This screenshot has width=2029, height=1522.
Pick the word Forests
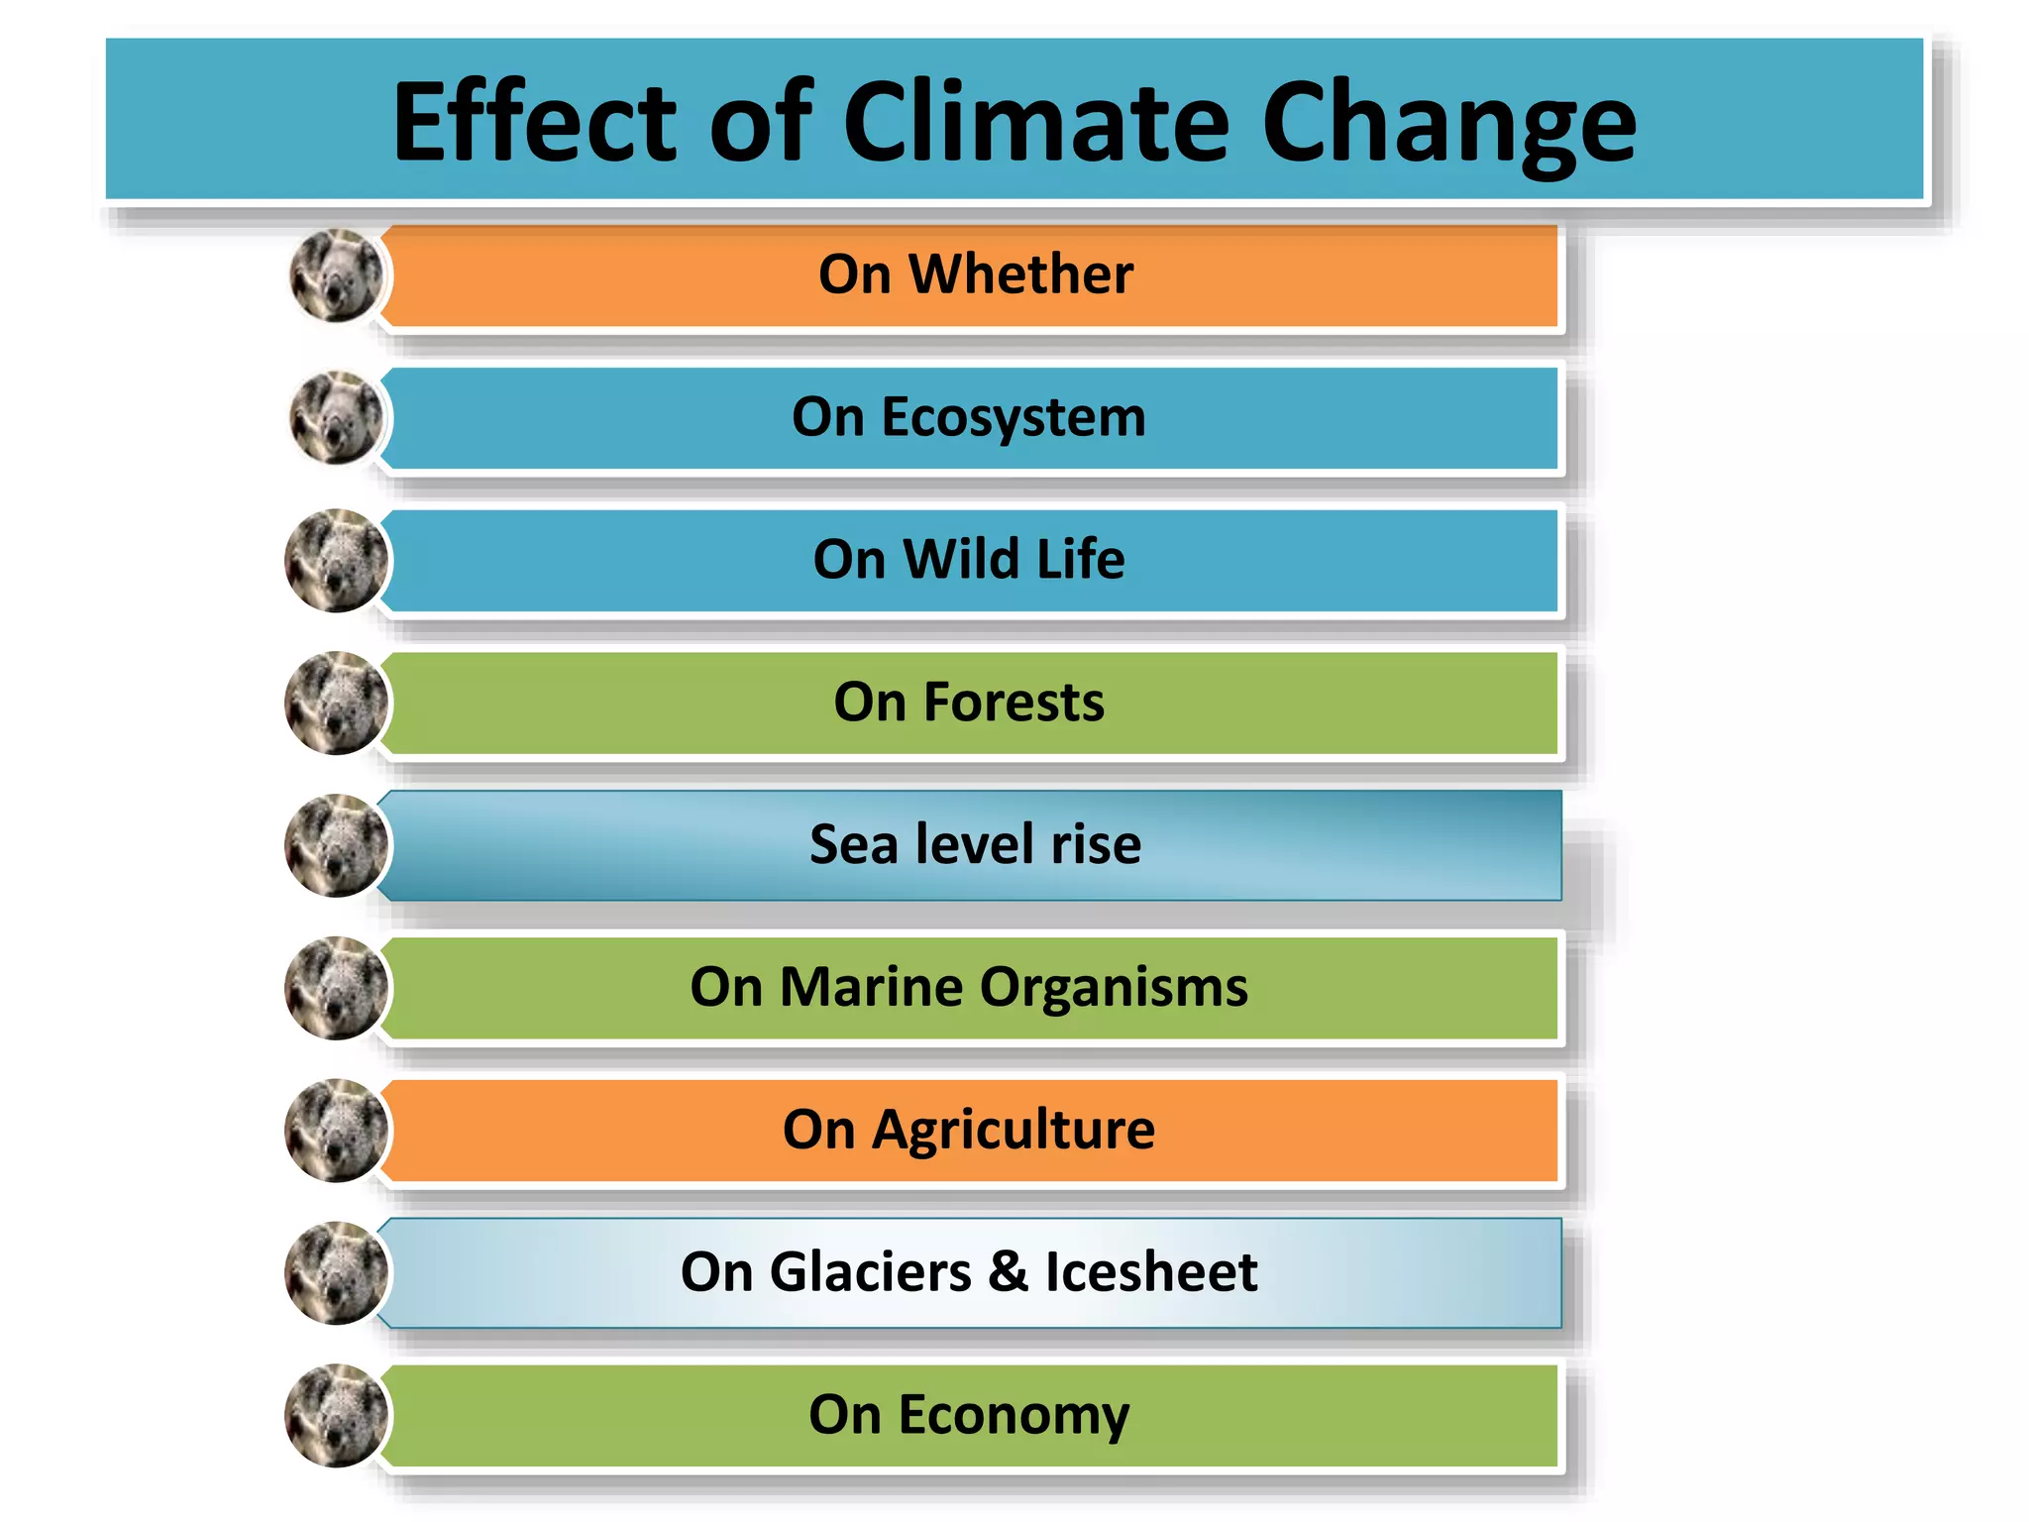(1014, 703)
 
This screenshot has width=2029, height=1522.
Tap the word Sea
(853, 844)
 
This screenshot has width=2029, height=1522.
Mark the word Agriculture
(1013, 1130)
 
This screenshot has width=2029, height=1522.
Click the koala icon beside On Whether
(336, 275)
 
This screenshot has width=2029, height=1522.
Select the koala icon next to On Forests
(336, 703)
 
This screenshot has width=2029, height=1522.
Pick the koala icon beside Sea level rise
(336, 845)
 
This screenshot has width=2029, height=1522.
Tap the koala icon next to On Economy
(336, 1415)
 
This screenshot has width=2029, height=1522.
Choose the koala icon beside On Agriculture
(336, 1130)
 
